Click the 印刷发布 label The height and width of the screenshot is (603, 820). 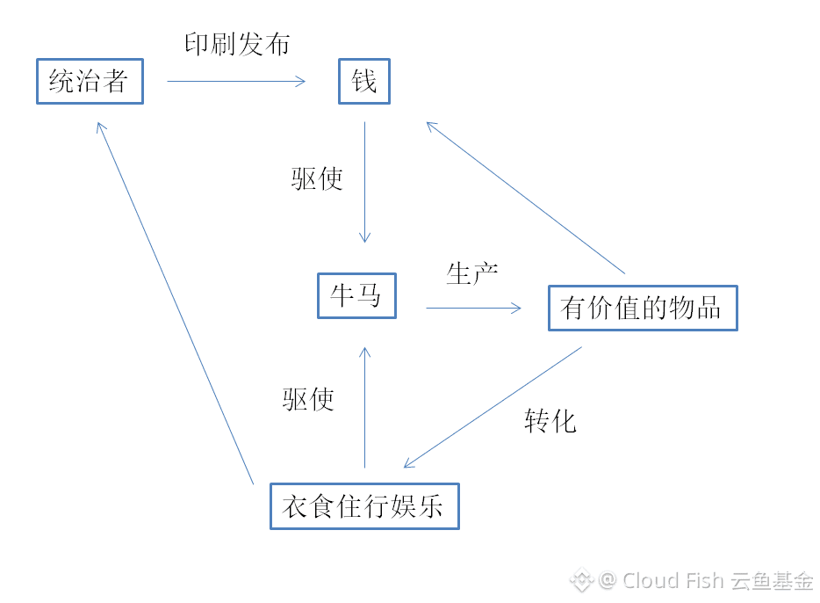coord(237,44)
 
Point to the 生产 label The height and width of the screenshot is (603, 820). coord(471,273)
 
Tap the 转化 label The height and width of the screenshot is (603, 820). coord(550,421)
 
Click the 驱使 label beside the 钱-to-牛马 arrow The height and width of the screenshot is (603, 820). coord(317,178)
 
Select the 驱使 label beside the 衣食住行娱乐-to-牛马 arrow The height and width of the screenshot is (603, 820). coord(308,399)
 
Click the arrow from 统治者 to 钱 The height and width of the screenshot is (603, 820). coord(236,81)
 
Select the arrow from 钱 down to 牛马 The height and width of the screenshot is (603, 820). coord(364,182)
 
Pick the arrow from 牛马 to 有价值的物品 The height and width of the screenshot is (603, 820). coord(474,308)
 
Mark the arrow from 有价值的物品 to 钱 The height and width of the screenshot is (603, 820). coord(526,198)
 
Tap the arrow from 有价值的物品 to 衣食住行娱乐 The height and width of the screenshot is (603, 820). coord(493,407)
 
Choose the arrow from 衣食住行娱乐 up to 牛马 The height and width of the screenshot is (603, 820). coord(364,407)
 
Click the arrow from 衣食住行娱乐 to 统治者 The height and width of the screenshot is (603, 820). coord(176,303)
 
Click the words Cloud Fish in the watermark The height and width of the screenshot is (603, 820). coord(673,580)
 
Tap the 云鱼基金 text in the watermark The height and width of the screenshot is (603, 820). coord(772,581)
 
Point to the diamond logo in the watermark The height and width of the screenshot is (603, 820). coord(581,580)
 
